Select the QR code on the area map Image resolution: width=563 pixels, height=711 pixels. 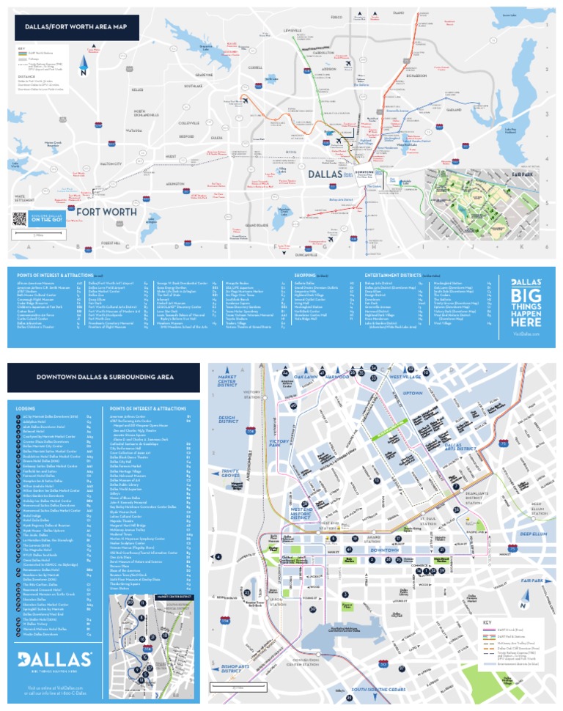20,218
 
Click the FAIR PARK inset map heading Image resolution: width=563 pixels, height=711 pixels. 508,175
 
